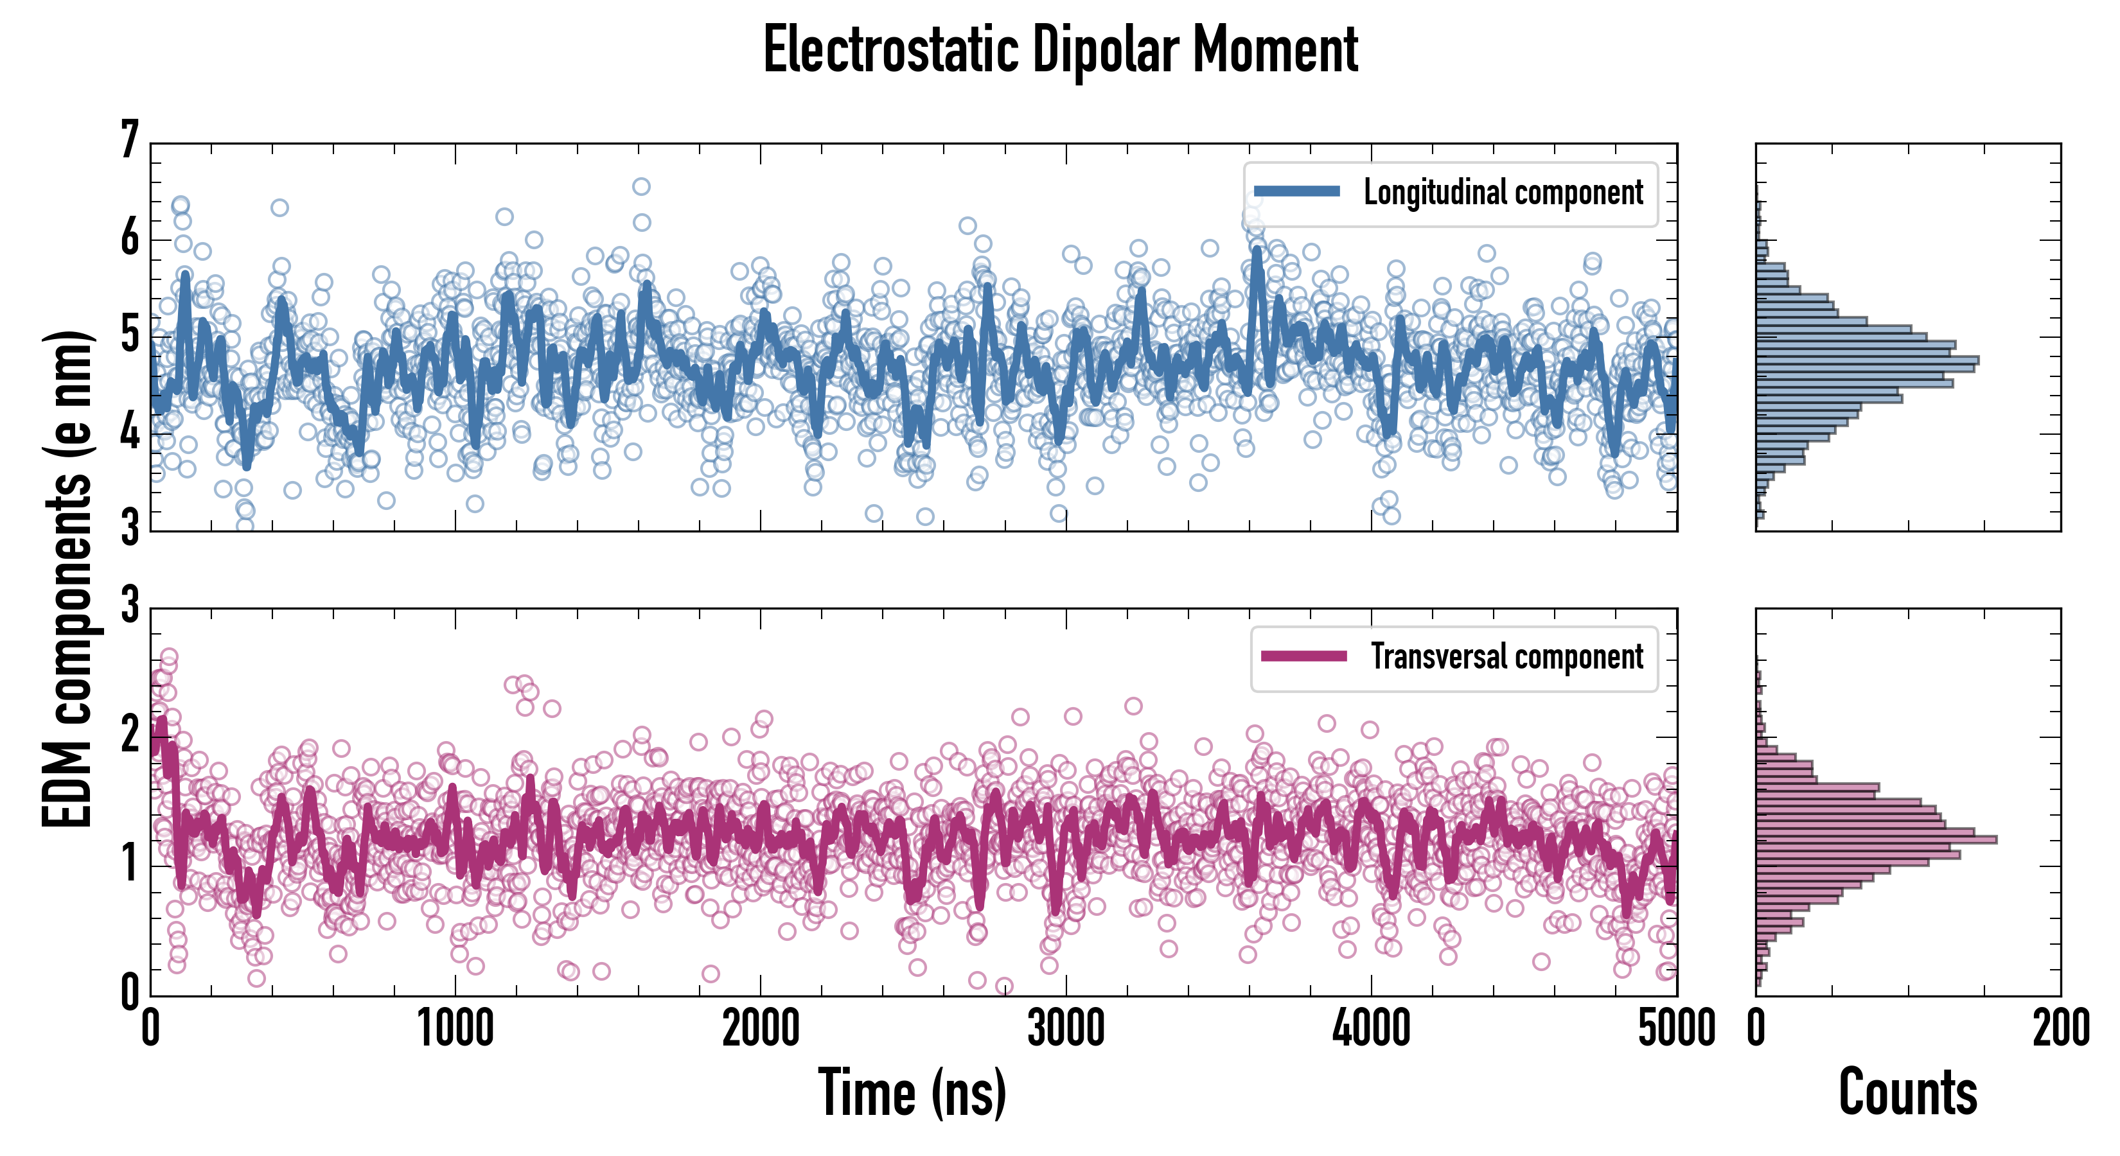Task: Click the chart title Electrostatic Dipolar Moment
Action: tap(1060, 51)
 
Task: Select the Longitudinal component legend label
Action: tap(1503, 193)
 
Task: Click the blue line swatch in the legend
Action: tap(1296, 192)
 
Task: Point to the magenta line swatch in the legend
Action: tap(1303, 656)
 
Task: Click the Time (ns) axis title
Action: tap(912, 1092)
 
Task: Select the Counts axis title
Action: tap(1907, 1092)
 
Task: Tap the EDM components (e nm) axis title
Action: tap(67, 579)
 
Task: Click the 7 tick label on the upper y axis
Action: tap(130, 140)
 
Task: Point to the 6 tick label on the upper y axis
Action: tap(130, 239)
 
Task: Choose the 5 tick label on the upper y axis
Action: tap(130, 336)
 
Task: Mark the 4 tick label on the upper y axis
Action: tap(130, 433)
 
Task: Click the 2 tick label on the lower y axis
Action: tap(130, 735)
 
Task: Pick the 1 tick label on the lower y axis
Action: tap(130, 864)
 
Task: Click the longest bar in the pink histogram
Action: tap(1876, 840)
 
